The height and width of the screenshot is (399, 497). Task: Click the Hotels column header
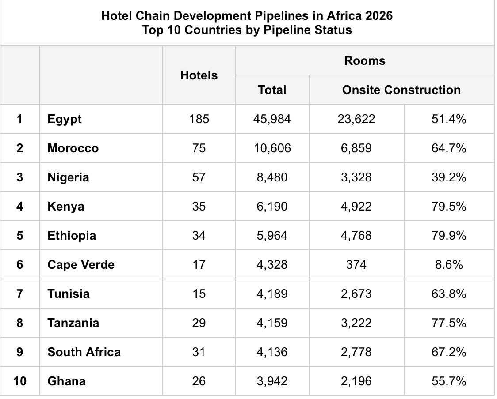coord(199,75)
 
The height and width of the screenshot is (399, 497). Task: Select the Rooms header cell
coord(365,61)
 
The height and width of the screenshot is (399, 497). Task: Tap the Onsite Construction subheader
coord(401,90)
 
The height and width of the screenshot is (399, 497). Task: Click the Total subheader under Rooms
coord(272,90)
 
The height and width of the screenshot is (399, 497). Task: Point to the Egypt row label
coord(65,119)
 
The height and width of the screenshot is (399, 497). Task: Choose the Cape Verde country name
coord(81,265)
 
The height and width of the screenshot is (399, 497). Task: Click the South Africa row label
coord(84,352)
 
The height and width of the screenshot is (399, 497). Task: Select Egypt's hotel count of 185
coord(199,119)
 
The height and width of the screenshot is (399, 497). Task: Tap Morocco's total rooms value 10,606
coord(272,148)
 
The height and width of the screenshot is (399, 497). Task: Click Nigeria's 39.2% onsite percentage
coord(448,177)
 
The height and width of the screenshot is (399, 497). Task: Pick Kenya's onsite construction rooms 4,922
coord(356,207)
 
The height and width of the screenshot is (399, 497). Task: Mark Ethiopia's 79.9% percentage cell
coord(448,236)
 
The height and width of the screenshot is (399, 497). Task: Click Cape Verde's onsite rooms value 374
coord(356,265)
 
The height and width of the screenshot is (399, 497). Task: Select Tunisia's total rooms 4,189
coord(272,294)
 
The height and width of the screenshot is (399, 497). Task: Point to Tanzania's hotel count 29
coord(199,323)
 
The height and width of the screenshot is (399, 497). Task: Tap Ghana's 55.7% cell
coord(448,381)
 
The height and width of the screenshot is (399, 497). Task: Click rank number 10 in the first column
coord(20,381)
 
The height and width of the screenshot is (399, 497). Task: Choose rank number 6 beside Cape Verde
coord(20,265)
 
